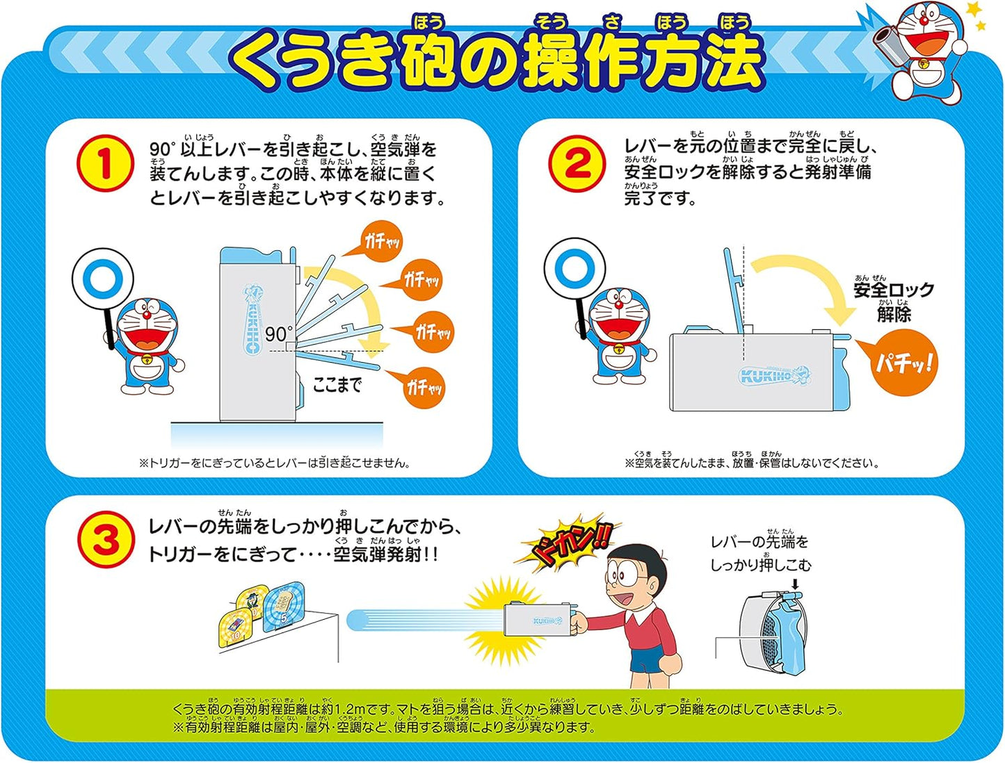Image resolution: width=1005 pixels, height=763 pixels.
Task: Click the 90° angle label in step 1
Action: click(279, 334)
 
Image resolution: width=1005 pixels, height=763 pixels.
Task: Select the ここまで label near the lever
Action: click(337, 385)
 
